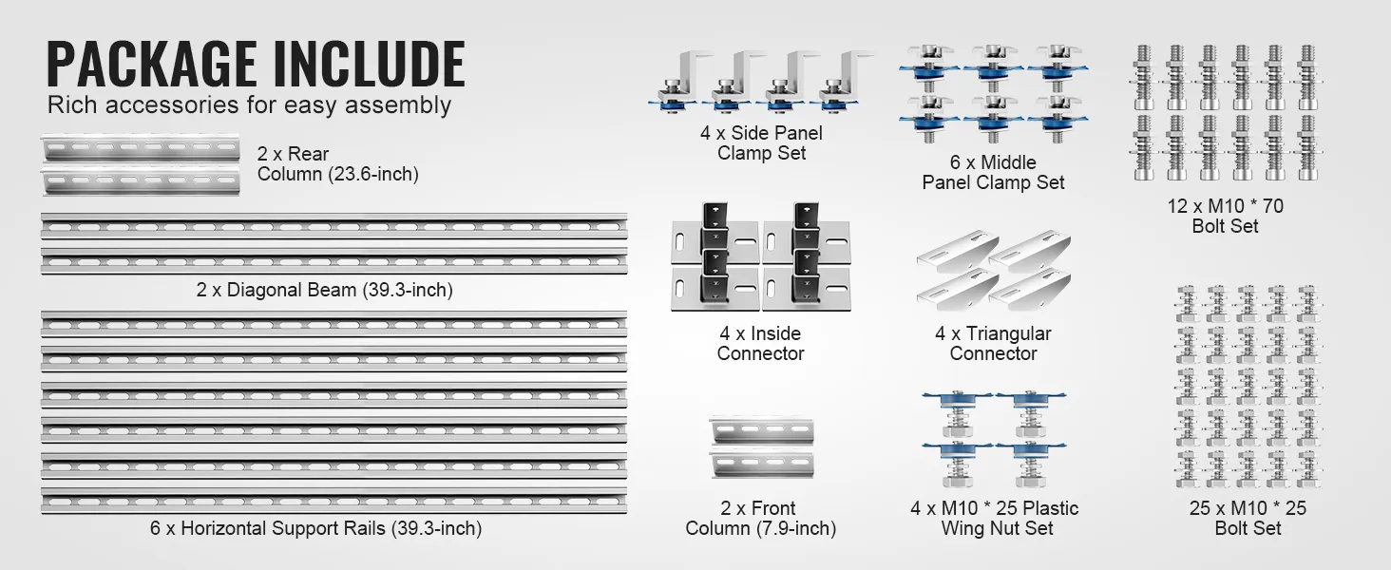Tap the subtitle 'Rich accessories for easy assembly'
[249, 104]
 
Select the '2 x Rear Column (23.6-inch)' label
[337, 163]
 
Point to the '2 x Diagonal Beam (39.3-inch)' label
[324, 290]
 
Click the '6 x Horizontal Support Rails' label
[315, 528]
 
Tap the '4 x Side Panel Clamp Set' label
[761, 142]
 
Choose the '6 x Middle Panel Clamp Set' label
[993, 172]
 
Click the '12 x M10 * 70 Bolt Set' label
[1225, 216]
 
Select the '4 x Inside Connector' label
[760, 343]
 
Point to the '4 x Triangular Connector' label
[993, 343]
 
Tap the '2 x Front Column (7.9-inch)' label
[760, 518]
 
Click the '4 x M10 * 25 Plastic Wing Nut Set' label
[995, 518]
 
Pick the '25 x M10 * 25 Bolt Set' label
[1248, 518]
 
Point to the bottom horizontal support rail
[333, 501]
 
